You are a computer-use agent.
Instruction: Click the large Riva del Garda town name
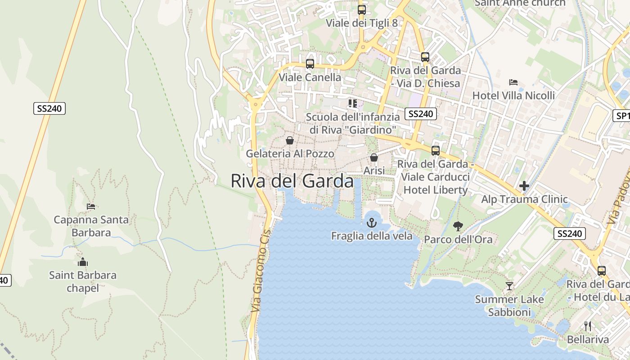tap(292, 181)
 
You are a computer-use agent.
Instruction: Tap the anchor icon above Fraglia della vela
tap(372, 222)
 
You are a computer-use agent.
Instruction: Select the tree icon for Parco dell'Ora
tap(458, 226)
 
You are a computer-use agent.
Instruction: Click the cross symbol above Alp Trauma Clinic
tap(524, 186)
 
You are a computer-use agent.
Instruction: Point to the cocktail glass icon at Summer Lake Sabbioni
tap(509, 286)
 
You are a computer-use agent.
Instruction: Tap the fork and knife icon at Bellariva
tap(588, 326)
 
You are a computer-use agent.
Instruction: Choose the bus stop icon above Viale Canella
tap(310, 64)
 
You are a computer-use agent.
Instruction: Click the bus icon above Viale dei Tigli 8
tap(361, 9)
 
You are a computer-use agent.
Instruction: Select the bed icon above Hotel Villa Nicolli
tap(513, 82)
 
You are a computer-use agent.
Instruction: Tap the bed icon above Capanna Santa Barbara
tap(91, 207)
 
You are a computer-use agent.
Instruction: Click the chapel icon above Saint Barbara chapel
tap(83, 262)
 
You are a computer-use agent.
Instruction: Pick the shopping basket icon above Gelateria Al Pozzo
tap(290, 140)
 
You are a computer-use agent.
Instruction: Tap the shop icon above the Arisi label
tap(374, 157)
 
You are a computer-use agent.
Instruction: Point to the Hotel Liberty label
tap(436, 190)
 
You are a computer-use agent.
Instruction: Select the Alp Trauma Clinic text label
tap(524, 199)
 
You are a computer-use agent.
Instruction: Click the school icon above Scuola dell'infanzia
tap(353, 103)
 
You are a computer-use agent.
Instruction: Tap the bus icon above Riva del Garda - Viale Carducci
tap(436, 151)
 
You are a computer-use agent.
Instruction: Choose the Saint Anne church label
tap(520, 3)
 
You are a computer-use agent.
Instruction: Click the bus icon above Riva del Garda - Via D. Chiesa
tap(425, 57)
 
